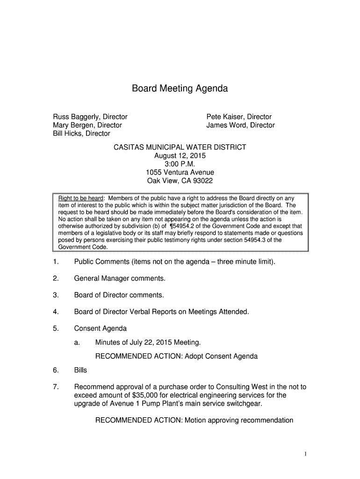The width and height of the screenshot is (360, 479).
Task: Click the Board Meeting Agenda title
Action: pyautogui.click(x=180, y=88)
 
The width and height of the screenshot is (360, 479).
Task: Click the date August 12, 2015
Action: pyautogui.click(x=180, y=156)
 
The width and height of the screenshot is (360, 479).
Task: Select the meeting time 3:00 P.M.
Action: pyautogui.click(x=180, y=164)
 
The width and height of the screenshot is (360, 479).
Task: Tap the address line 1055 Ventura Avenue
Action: pyautogui.click(x=180, y=173)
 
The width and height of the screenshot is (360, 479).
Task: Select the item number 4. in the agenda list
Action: pyautogui.click(x=56, y=312)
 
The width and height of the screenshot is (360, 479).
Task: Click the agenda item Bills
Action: pyautogui.click(x=81, y=370)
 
